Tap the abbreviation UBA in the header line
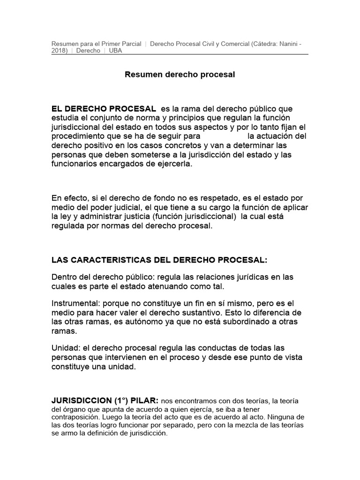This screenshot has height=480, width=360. pyautogui.click(x=115, y=51)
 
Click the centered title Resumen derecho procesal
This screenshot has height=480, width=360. pyautogui.click(x=180, y=75)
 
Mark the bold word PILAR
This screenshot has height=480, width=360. pyautogui.click(x=143, y=401)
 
